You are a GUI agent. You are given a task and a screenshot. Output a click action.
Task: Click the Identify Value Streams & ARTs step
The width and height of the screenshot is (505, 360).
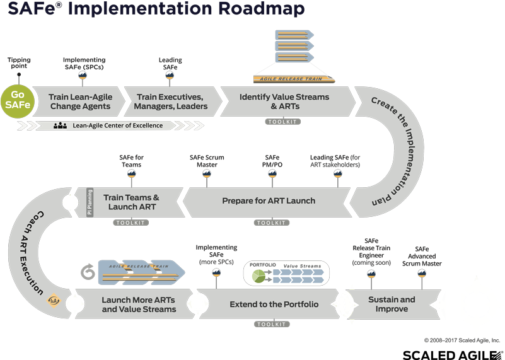(x=284, y=102)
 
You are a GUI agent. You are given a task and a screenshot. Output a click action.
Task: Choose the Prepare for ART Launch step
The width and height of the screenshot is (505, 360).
(x=269, y=201)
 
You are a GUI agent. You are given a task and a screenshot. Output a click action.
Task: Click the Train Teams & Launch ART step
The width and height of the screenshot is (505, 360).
(x=131, y=202)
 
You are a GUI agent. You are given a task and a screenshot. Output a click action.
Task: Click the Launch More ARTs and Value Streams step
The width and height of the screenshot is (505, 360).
(x=139, y=305)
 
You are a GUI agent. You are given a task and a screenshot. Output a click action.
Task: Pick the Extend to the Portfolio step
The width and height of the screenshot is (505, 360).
(x=274, y=305)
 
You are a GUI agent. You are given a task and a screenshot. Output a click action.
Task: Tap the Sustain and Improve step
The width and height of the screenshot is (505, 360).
(x=392, y=305)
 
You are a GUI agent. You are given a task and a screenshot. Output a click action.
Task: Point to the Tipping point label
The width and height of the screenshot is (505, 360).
(x=19, y=64)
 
